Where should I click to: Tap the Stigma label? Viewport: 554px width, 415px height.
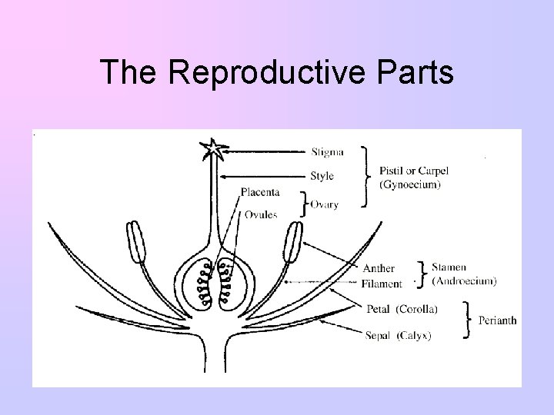[328, 151]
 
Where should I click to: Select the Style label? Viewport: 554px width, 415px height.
[323, 176]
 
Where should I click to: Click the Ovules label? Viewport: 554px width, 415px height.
[262, 214]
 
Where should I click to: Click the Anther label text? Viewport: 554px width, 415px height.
[379, 268]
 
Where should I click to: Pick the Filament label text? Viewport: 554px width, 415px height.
[382, 284]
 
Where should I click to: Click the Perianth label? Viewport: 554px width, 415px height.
[497, 320]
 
